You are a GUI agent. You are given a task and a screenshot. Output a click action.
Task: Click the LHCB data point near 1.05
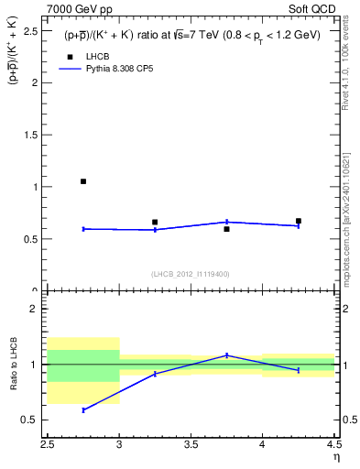(83, 181)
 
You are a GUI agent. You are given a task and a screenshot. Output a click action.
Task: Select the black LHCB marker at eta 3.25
(155, 222)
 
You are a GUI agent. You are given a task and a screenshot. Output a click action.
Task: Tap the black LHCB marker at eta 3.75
(226, 229)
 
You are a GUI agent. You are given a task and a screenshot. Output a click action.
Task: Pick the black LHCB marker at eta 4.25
(299, 221)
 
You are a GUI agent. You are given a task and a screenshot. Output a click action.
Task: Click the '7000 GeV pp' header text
(80, 8)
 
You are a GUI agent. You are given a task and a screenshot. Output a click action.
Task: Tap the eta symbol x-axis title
(335, 458)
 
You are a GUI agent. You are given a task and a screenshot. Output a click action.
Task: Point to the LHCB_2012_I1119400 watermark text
(191, 273)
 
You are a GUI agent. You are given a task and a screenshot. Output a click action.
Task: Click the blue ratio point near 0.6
(83, 409)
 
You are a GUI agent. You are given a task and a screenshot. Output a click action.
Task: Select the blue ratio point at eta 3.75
(226, 355)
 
